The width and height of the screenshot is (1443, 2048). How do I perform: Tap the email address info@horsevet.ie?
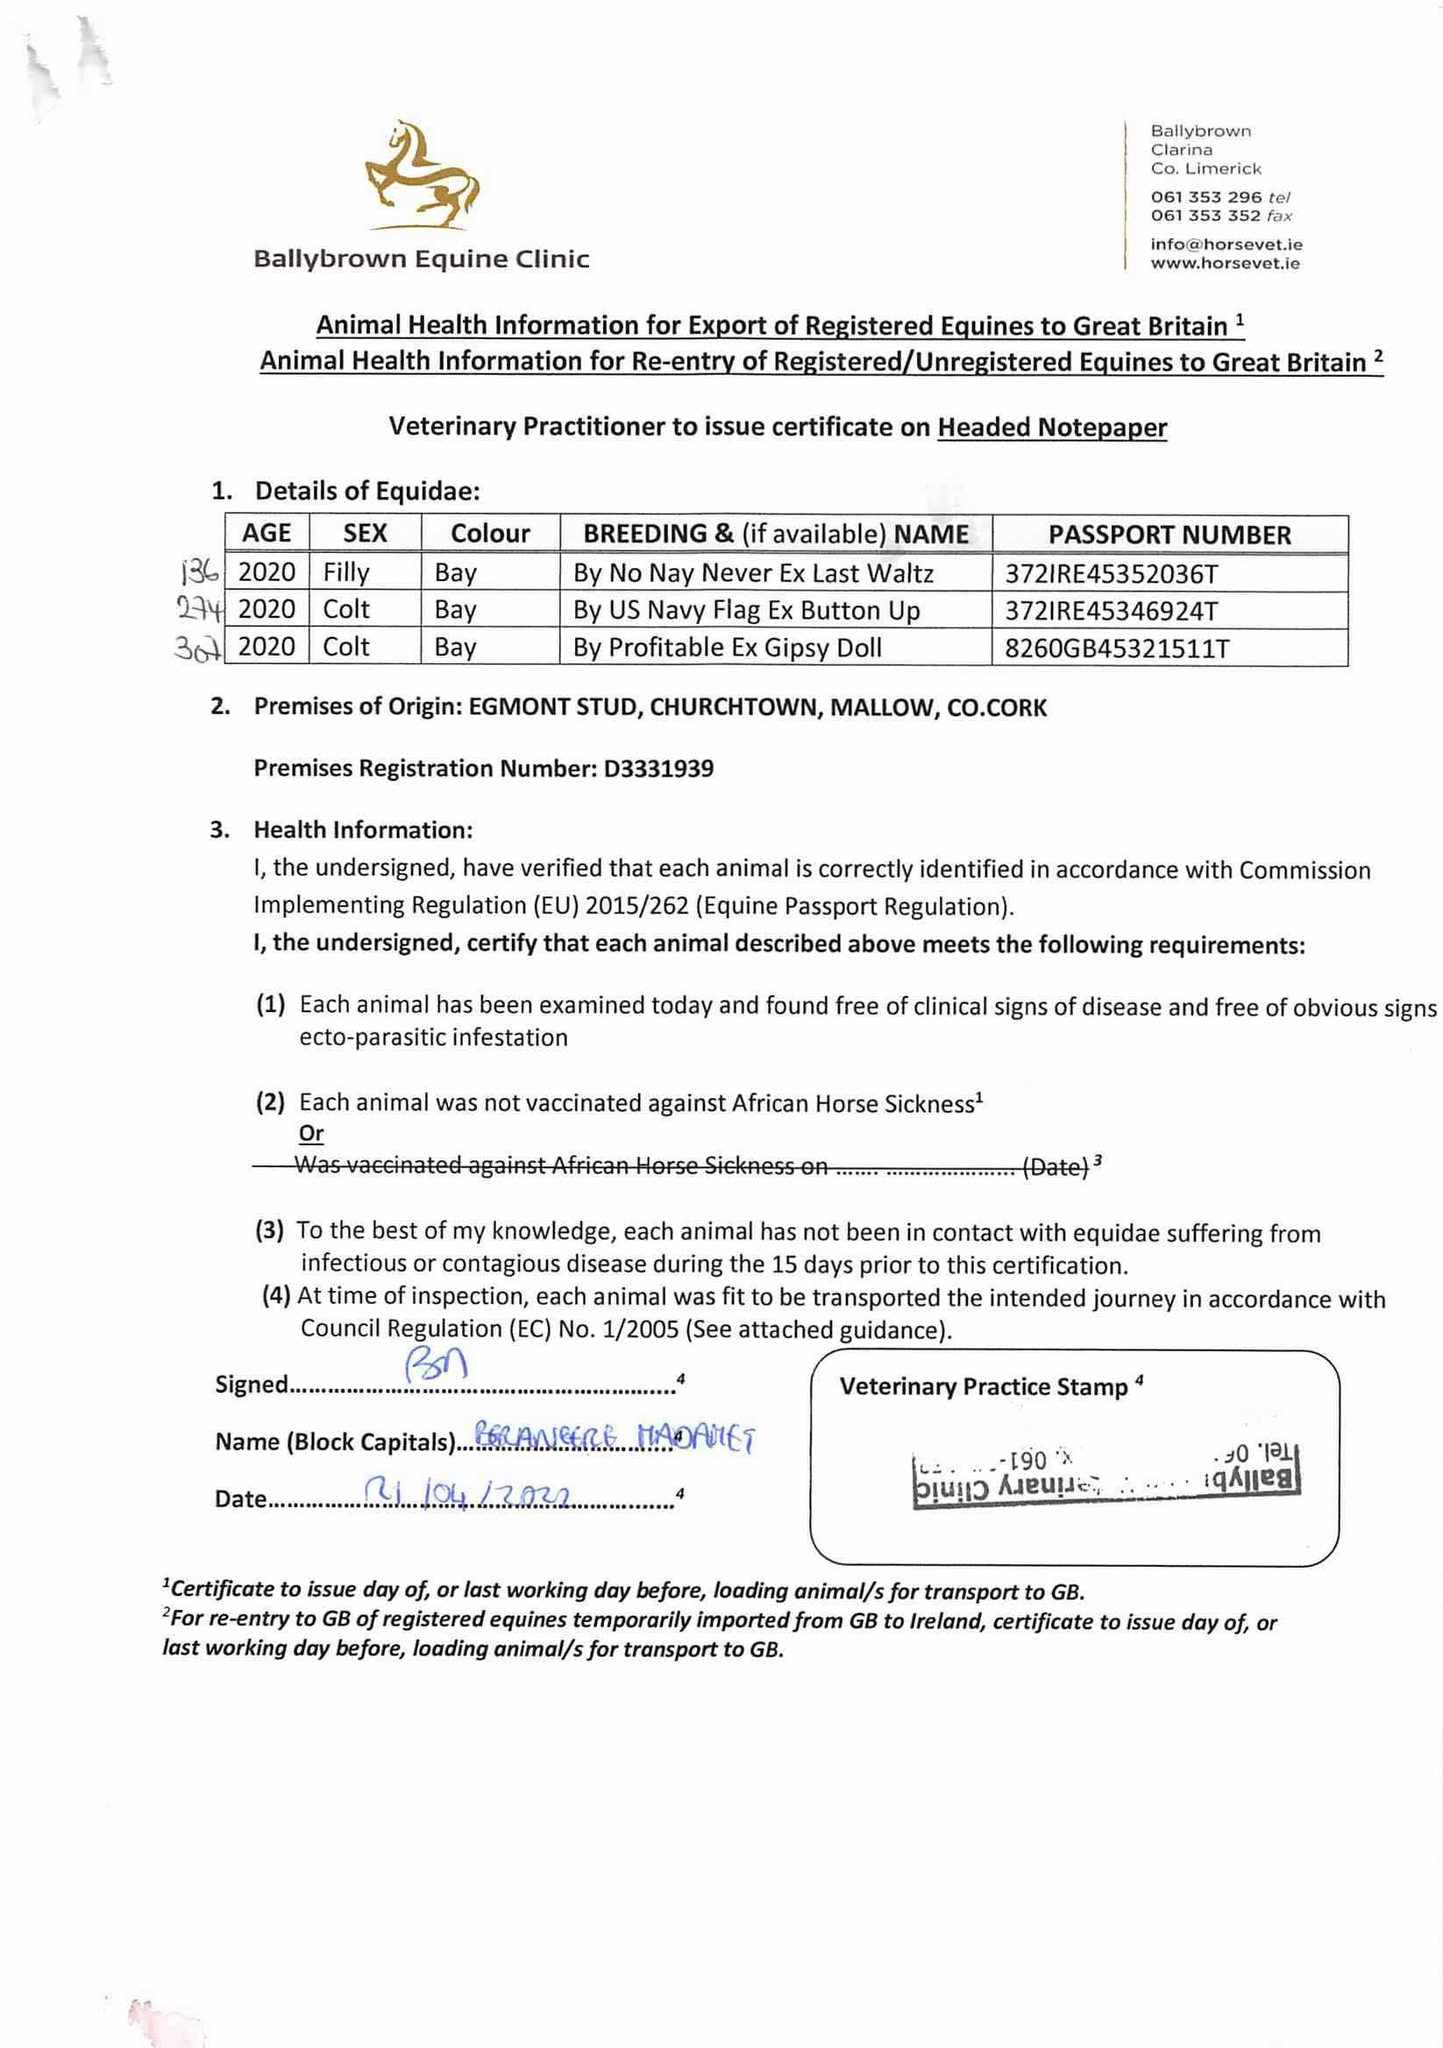click(1226, 244)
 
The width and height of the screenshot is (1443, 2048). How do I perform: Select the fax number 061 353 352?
click(1205, 216)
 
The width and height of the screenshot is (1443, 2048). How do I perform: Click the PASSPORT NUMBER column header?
click(1169, 535)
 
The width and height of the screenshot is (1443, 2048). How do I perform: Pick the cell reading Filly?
click(346, 572)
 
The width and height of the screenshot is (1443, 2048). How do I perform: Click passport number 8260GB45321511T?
click(1116, 648)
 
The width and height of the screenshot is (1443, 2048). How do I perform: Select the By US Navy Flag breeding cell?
click(746, 611)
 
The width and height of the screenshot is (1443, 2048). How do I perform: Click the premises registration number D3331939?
click(658, 769)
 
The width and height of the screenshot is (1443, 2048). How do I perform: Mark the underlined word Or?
click(311, 1134)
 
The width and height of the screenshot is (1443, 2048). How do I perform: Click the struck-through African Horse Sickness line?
click(679, 1166)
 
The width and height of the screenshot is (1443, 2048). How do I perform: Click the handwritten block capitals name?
click(615, 1437)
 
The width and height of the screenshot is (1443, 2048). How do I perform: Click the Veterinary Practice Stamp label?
click(984, 1387)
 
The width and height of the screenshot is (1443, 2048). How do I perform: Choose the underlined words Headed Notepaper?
click(1051, 429)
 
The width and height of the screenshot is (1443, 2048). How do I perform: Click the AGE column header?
click(266, 534)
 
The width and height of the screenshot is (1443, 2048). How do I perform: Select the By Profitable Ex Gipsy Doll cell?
click(727, 648)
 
